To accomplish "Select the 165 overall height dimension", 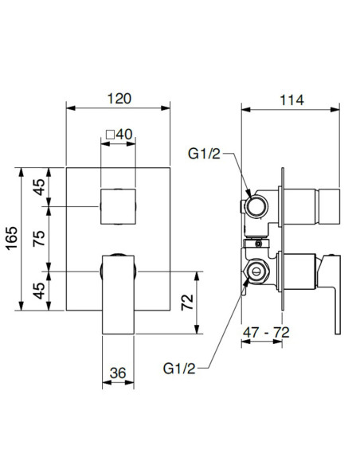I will tap(10, 237).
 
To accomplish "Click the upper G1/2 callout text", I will tap(205, 153).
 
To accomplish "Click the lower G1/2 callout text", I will tap(180, 368).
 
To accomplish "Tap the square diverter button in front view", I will tap(118, 205).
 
